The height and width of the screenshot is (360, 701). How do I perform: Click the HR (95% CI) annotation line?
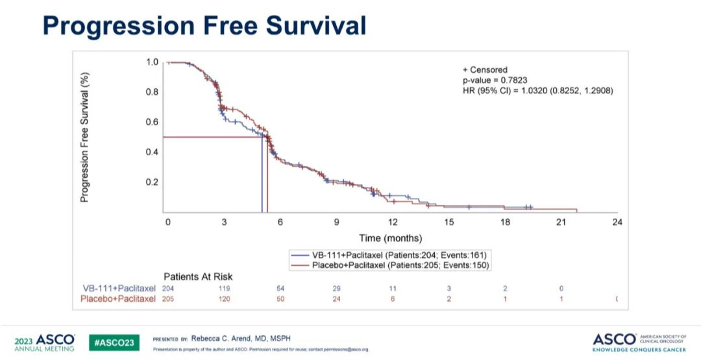point(537,90)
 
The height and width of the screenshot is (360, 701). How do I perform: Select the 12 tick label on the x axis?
point(393,222)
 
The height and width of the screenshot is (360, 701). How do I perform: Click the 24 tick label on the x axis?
point(617,222)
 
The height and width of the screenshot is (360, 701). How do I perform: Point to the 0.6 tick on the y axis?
point(152,122)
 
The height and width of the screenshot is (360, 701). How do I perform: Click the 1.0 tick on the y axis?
point(152,62)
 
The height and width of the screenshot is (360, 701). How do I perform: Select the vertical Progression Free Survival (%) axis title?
point(84,137)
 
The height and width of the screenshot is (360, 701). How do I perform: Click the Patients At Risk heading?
point(197,277)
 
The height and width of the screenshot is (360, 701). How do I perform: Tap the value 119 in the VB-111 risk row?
point(225,288)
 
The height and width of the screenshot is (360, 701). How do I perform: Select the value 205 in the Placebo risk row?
point(168,298)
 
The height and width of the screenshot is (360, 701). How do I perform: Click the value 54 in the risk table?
point(281,288)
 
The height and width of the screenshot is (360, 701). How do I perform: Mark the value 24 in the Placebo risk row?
point(336,298)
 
